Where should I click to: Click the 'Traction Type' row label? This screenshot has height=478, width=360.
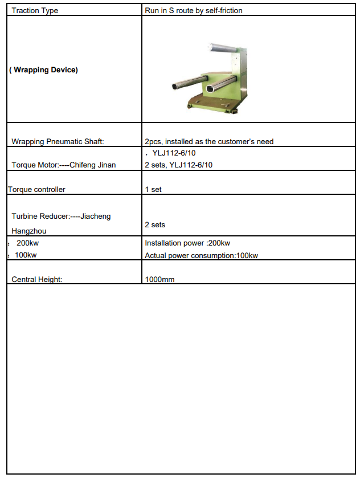click(35, 10)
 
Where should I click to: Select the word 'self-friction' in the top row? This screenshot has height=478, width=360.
click(224, 10)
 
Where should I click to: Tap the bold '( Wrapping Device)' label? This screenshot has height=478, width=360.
click(44, 71)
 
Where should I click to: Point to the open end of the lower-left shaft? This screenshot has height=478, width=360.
click(175, 87)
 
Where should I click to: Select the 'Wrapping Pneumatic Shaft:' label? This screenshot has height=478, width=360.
click(58, 141)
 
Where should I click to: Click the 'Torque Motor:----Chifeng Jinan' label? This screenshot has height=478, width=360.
click(63, 165)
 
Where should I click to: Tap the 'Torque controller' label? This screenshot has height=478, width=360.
click(36, 189)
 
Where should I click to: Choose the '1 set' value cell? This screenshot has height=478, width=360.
click(153, 189)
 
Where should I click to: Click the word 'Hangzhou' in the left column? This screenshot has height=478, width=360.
click(29, 231)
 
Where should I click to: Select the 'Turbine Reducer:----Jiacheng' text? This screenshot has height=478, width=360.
click(62, 216)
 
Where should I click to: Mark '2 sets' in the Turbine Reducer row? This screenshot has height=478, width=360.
click(155, 225)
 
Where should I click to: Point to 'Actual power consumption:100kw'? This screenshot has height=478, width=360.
click(201, 255)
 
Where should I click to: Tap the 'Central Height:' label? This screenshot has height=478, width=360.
click(37, 279)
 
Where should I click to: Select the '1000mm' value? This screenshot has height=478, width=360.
click(159, 279)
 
